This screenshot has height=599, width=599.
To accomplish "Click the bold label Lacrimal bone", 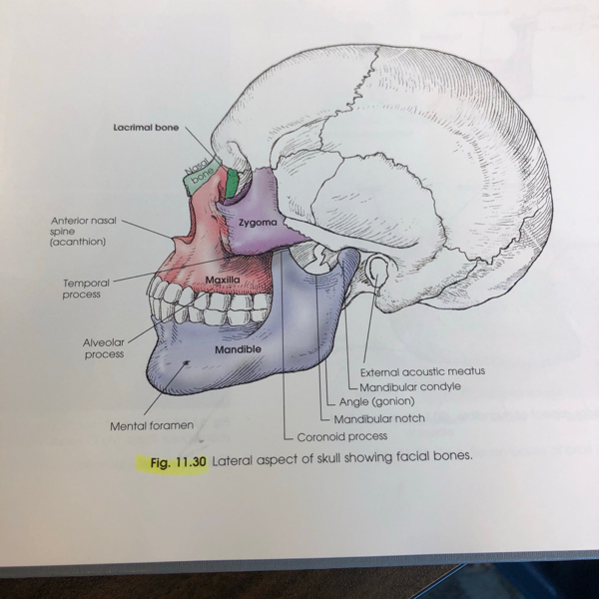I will [146, 129].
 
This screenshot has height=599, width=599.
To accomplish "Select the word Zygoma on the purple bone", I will [257, 222].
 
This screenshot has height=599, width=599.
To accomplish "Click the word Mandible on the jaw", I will [238, 349].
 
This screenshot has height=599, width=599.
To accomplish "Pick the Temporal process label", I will [86, 289].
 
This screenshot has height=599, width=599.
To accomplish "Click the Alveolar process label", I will [103, 347].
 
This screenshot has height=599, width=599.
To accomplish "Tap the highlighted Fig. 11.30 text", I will [171, 463].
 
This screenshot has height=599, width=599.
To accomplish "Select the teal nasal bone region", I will [198, 177].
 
